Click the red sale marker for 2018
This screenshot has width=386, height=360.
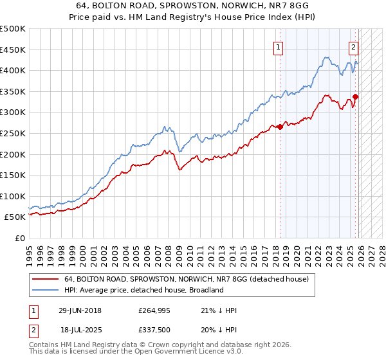pos(280,127)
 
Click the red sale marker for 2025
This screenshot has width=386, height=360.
pos(356,97)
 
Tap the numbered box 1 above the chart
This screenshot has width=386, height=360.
pos(279,46)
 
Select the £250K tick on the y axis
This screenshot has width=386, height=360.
pos(13,133)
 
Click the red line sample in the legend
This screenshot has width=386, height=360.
pos(45,280)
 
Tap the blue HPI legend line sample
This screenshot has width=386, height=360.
pos(45,290)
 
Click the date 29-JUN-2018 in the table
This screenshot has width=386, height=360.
pos(80,310)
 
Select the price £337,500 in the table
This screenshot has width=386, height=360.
pos(154,331)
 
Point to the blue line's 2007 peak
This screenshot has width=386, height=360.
pos(165,127)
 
